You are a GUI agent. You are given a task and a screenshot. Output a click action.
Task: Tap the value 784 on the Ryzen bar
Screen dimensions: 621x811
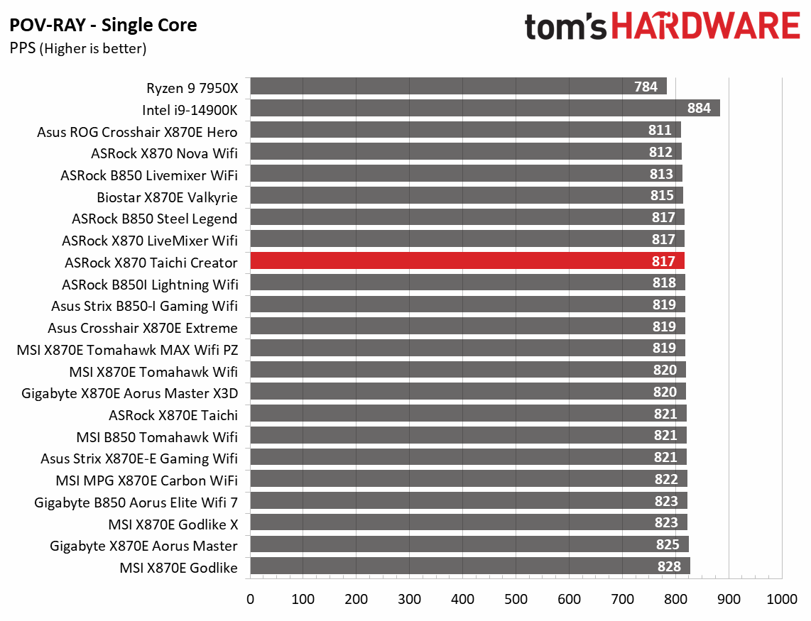[645, 87]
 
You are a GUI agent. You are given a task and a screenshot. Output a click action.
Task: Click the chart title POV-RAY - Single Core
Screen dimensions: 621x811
[103, 26]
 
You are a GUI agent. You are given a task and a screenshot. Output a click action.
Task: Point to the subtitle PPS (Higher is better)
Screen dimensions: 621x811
[77, 49]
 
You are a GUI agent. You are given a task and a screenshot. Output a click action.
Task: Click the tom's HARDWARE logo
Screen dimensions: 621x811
[662, 28]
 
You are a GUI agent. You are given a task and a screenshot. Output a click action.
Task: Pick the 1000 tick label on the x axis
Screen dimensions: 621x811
[781, 599]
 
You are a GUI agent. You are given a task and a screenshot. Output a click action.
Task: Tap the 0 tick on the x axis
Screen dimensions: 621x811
[250, 599]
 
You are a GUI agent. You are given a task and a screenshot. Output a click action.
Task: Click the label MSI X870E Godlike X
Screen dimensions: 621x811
[173, 524]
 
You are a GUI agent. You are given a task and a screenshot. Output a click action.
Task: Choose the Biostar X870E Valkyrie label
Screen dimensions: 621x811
[167, 197]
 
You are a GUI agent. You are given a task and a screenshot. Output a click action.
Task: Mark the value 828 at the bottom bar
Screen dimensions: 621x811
[669, 566]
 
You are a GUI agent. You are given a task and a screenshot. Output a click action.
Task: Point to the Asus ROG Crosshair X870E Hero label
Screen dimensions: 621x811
[137, 131]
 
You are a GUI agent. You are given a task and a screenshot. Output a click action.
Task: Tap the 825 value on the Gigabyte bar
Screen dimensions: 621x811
[668, 545]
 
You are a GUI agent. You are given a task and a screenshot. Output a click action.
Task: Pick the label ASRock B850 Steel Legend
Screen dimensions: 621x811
[154, 219]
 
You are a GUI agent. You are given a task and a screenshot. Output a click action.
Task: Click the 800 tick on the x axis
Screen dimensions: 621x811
[676, 599]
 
